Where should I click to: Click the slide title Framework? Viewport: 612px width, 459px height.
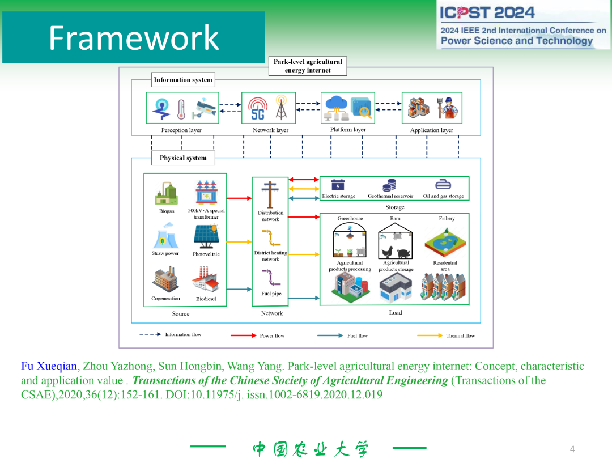[134, 37]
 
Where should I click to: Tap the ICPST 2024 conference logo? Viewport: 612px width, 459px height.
[522, 26]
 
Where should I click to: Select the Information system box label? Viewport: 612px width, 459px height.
[183, 80]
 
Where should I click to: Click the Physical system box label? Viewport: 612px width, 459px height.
[183, 158]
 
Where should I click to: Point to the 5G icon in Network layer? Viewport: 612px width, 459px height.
[258, 108]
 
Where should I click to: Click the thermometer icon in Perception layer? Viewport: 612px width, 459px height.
[181, 108]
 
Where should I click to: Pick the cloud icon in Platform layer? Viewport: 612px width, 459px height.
[336, 104]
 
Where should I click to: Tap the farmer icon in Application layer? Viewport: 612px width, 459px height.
[449, 108]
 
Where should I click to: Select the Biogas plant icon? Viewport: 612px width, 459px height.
[166, 194]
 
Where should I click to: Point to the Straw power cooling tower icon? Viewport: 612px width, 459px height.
[165, 236]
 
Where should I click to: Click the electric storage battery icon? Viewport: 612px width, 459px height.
[338, 185]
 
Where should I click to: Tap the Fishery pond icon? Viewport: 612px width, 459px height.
[446, 240]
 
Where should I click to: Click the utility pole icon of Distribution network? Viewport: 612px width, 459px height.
[270, 194]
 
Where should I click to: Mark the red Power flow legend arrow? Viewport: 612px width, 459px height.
[244, 335]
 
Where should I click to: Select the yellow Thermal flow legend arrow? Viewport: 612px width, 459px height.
[430, 335]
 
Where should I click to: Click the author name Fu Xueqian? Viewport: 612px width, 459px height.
[49, 367]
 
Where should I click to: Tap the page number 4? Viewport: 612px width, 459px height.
[572, 449]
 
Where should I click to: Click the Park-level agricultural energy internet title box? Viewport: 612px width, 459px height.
[308, 66]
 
